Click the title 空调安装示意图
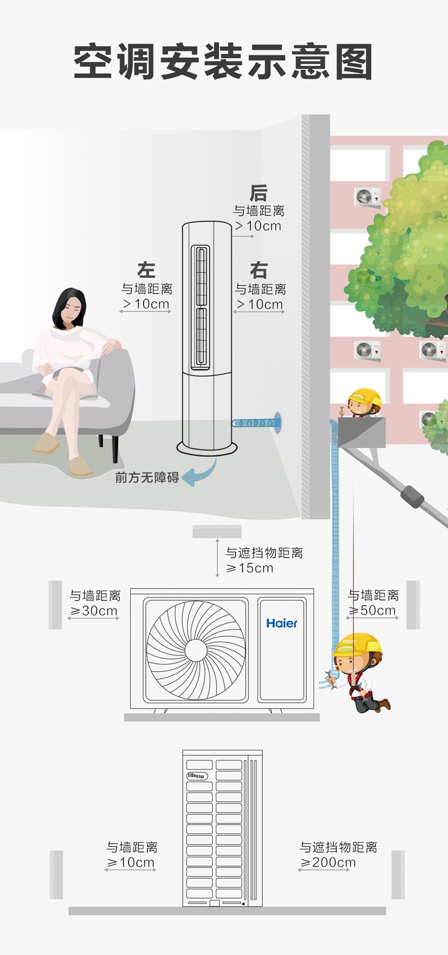pos(223,62)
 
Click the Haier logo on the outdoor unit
pos(282,623)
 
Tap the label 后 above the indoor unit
pos(258,193)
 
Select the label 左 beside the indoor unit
pos(146,270)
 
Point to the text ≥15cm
pos(250,568)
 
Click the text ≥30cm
pos(94,611)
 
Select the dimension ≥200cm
pos(328,862)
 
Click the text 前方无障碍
pos(147,478)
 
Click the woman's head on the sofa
pos(69,308)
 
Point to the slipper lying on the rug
pos(80,466)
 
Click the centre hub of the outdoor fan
pos(196,651)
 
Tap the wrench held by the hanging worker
pos(328,679)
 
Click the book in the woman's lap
pos(66,370)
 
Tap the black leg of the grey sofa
pos(115,448)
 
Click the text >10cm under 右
pos(259,304)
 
